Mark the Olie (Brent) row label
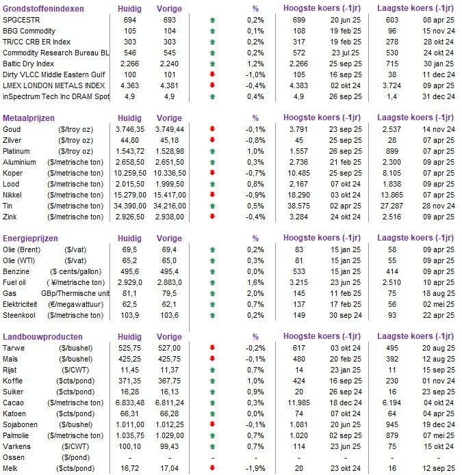coord(25,251)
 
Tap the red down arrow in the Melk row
coord(212,468)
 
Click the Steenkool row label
coord(21,316)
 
